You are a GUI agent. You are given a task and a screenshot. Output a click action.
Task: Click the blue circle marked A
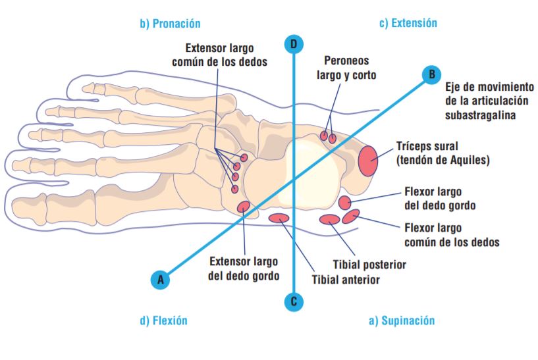(x=159, y=280)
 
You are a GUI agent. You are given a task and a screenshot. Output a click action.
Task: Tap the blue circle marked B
(x=431, y=74)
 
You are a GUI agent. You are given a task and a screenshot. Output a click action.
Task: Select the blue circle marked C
(x=294, y=302)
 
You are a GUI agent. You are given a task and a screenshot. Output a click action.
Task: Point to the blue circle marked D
(x=294, y=44)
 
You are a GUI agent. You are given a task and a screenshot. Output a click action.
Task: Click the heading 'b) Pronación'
(x=170, y=24)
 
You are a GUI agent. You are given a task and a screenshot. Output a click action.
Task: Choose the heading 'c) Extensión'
(x=408, y=23)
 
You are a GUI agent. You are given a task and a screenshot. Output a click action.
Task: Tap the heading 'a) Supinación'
(x=402, y=321)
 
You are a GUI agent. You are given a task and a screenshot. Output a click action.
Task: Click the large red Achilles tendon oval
(x=367, y=160)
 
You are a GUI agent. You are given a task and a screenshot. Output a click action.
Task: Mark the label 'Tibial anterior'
(x=346, y=280)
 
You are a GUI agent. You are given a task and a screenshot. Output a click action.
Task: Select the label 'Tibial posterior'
(x=369, y=265)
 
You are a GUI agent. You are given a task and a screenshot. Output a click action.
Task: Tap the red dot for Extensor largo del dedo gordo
(x=243, y=207)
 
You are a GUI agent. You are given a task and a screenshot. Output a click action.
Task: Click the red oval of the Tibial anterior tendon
(x=280, y=218)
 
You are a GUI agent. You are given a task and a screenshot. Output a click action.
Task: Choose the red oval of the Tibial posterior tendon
(x=329, y=219)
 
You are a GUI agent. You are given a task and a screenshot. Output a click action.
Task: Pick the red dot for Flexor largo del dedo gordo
(x=345, y=202)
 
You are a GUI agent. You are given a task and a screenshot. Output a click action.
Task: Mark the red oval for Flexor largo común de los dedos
(x=350, y=216)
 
